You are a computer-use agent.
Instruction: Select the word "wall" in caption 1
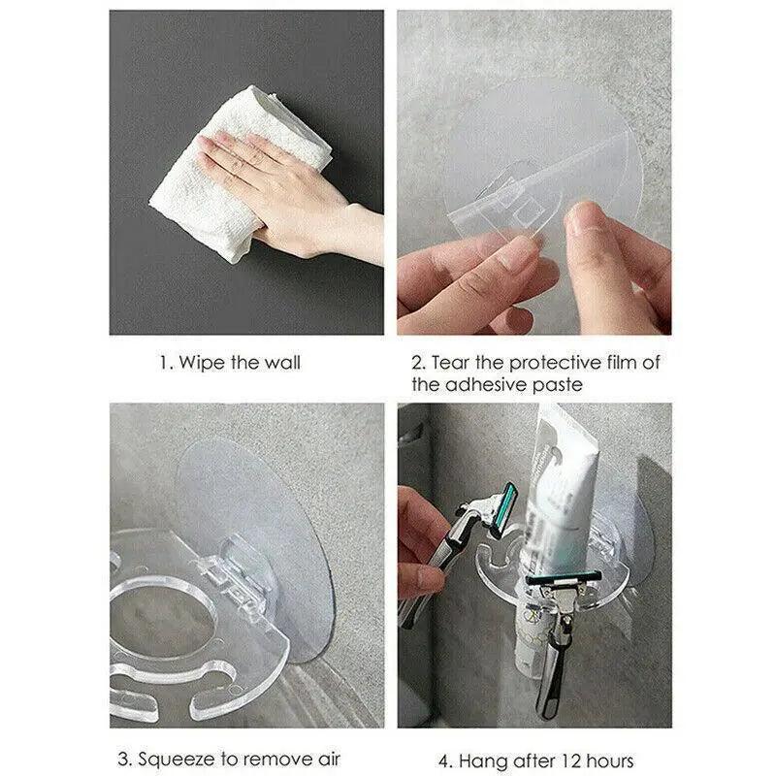pos(281,363)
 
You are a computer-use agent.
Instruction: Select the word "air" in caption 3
pos(328,759)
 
